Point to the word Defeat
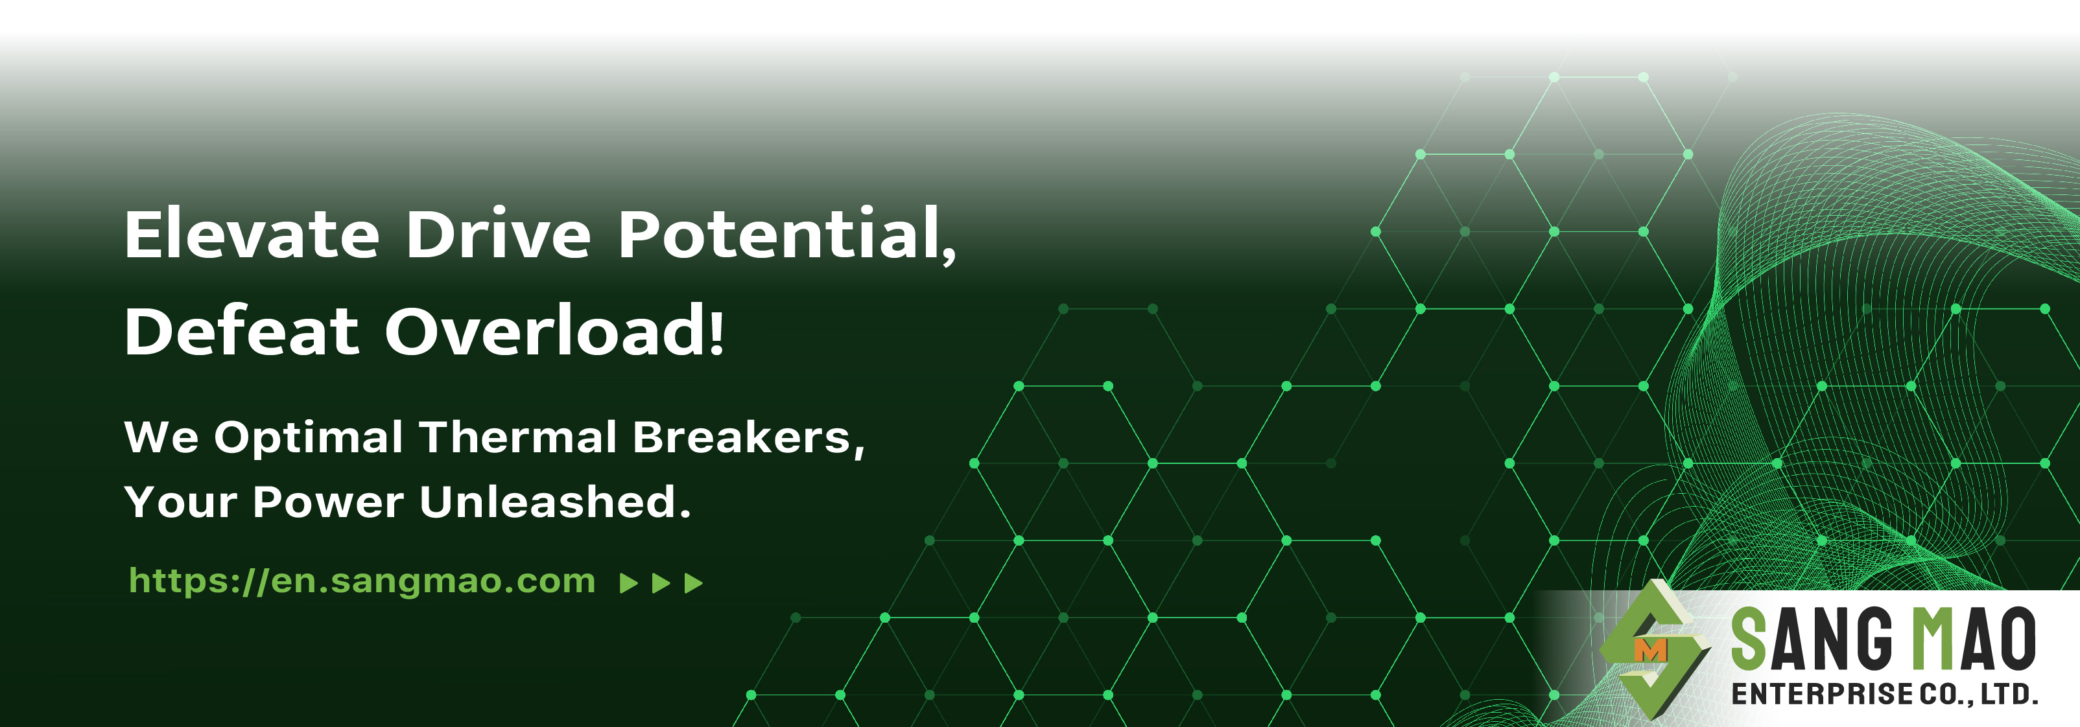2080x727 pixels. coord(241,331)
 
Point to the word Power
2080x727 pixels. coord(328,503)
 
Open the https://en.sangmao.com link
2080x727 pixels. coord(362,581)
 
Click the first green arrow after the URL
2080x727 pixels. coord(628,583)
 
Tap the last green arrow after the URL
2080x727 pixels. coord(694,583)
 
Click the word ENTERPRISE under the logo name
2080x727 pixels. coord(1821,694)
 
